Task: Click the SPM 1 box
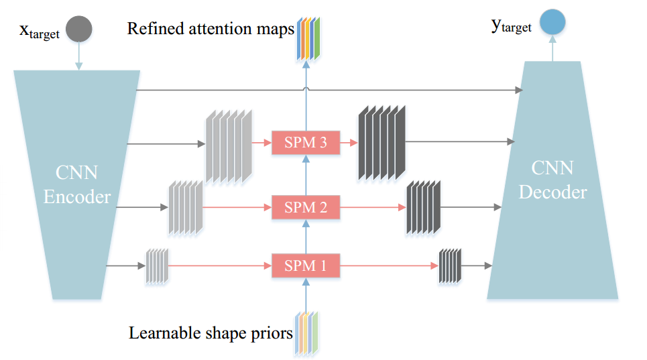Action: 306,265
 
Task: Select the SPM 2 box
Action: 306,208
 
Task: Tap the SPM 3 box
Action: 306,143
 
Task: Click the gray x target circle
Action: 78,29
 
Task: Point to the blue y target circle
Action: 552,21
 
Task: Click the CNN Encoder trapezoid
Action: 77,184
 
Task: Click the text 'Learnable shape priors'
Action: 211,332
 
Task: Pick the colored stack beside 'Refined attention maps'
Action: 308,38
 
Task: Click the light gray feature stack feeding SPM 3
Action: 229,146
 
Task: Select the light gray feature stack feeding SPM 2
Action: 186,208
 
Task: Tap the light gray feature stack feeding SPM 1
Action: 158,266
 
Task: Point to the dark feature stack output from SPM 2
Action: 423,207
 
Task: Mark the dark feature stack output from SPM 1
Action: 450,265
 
